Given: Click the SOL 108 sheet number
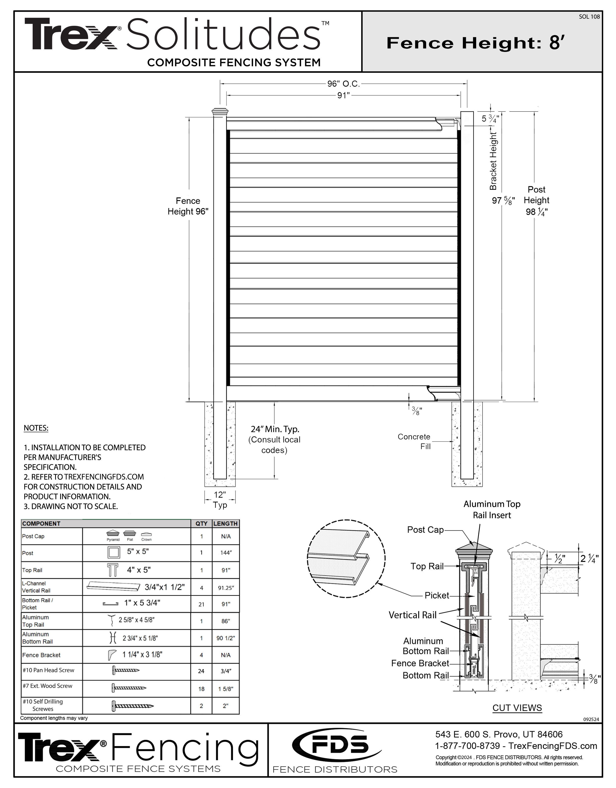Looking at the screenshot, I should coord(589,17).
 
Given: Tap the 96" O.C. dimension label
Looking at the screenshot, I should coord(343,84).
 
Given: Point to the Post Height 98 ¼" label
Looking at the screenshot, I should coord(536,201).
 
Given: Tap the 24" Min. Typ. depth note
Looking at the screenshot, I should coord(275,429).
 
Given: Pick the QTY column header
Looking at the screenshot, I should coord(201,523).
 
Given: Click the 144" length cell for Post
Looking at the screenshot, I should coord(226,553).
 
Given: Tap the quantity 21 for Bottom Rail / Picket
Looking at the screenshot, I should coord(201,604).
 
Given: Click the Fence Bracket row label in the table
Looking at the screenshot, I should coord(41,655).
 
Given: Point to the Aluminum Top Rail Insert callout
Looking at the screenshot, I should coord(492,509).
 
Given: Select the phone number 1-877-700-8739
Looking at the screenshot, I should coord(468,746).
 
